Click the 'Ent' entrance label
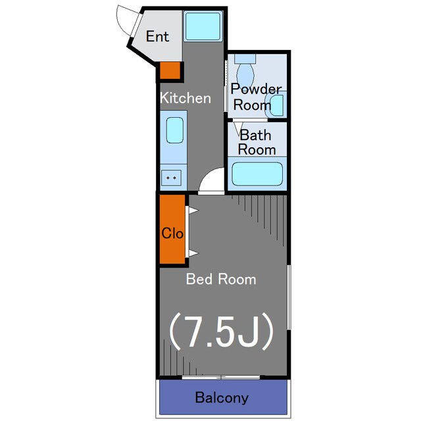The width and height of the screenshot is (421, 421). pyautogui.click(x=157, y=37)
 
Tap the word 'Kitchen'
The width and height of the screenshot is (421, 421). pyautogui.click(x=186, y=98)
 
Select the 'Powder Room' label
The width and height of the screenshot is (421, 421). pyautogui.click(x=256, y=97)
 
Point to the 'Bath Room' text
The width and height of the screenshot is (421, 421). pyautogui.click(x=256, y=142)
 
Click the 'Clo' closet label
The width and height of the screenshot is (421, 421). pyautogui.click(x=172, y=234)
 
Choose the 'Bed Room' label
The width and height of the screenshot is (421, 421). pyautogui.click(x=221, y=279)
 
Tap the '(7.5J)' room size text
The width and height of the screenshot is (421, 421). pyautogui.click(x=221, y=331)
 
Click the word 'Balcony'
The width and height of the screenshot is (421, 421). pyautogui.click(x=222, y=398)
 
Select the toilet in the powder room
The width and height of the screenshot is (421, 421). pyautogui.click(x=245, y=70)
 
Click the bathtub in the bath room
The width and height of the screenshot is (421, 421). pyautogui.click(x=257, y=174)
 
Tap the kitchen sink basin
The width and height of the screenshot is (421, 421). pyautogui.click(x=175, y=130)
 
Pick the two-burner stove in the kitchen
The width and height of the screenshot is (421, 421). pyautogui.click(x=171, y=178)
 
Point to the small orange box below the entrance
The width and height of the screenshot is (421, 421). pyautogui.click(x=170, y=70)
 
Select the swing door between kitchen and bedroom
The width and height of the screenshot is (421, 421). pyautogui.click(x=211, y=180)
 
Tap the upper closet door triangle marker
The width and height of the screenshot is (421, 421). pyautogui.click(x=193, y=210)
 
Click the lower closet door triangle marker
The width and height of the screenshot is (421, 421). pyautogui.click(x=193, y=253)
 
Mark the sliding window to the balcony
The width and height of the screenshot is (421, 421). pyautogui.click(x=221, y=377)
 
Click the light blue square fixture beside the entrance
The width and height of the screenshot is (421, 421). pyautogui.click(x=203, y=26)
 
